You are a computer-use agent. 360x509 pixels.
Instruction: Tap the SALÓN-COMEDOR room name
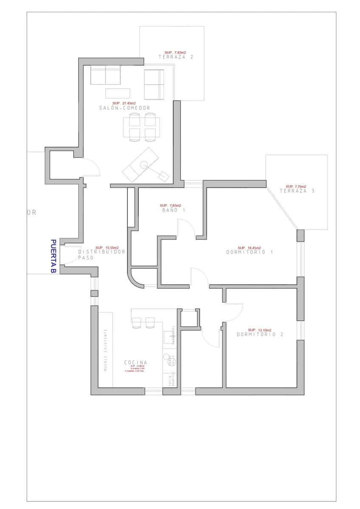(x=124, y=108)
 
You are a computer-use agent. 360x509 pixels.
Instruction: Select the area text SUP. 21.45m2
(x=124, y=103)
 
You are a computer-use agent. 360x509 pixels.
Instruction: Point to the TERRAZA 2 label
(x=176, y=56)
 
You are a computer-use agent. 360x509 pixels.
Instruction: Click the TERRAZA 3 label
(x=297, y=191)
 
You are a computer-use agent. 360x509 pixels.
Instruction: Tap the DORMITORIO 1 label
(x=249, y=252)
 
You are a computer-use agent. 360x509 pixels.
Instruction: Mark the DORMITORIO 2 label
(x=260, y=334)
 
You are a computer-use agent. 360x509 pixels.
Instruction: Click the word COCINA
(x=136, y=362)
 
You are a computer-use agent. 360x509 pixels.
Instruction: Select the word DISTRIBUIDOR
(x=102, y=252)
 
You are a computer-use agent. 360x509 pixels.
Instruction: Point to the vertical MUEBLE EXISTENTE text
(x=106, y=350)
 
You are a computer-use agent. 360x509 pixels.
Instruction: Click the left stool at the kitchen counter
(x=137, y=323)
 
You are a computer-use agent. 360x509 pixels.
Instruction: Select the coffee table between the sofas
(x=118, y=92)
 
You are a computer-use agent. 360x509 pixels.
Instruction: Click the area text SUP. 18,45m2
(x=249, y=247)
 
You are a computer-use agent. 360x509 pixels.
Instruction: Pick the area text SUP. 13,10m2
(x=259, y=330)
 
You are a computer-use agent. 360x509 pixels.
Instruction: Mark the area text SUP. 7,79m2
(x=295, y=186)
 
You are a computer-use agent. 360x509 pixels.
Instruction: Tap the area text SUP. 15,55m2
(x=107, y=247)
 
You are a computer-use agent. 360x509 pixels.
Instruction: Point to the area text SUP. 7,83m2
(x=175, y=52)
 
